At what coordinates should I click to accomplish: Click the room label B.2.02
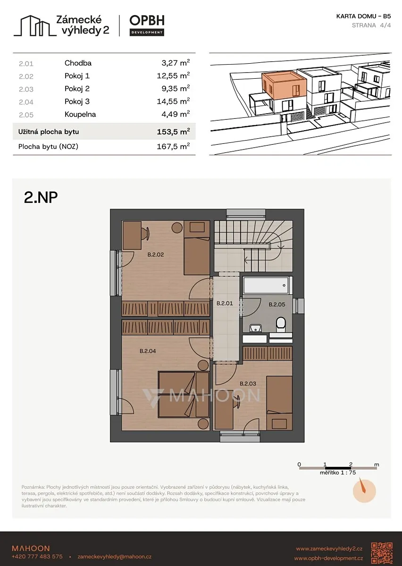[156, 254]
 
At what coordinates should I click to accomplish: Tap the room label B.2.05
[276, 305]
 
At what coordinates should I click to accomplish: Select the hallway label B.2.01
[225, 303]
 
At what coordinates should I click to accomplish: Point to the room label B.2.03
[248, 383]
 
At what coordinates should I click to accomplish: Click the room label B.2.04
[148, 351]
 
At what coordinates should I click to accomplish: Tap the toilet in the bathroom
[281, 324]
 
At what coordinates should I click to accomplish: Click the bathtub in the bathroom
[266, 285]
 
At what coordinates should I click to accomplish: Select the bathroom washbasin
[256, 328]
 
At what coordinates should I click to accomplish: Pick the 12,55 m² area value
[173, 75]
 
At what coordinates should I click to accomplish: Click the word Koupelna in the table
[80, 114]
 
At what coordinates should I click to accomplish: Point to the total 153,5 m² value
[173, 132]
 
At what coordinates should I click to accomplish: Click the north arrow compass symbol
[364, 491]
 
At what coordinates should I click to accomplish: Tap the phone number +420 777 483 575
[37, 557]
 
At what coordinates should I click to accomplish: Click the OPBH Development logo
[147, 25]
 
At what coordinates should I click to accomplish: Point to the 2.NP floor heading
[41, 197]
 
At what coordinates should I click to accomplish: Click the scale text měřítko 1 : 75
[337, 473]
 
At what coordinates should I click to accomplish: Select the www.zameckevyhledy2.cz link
[329, 549]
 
